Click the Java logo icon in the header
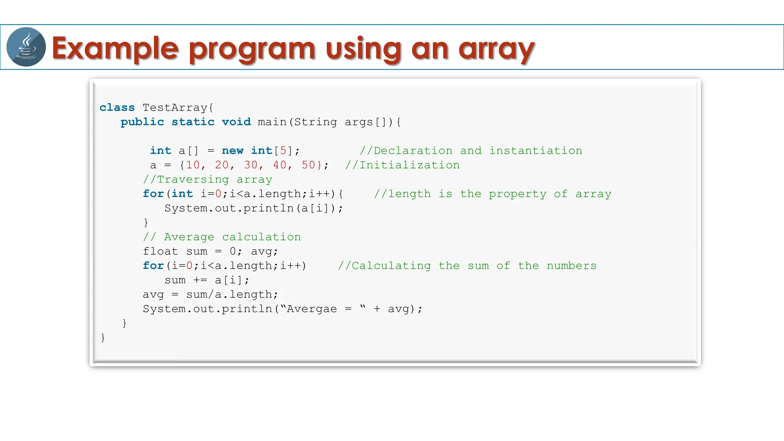26,47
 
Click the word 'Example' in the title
115,49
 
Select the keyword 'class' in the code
117,108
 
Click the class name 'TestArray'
175,108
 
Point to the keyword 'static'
193,122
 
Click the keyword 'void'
236,122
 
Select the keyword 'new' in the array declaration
232,150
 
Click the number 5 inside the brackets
283,150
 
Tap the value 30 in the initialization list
251,165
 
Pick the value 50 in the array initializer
309,165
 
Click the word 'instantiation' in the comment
536,150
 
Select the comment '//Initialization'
402,165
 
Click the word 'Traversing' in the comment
193,180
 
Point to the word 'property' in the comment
518,194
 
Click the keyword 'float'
160,252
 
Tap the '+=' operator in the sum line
200,280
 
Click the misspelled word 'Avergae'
312,309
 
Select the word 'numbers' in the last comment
572,266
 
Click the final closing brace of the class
103,337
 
